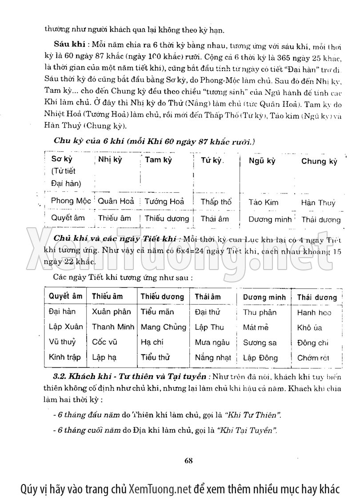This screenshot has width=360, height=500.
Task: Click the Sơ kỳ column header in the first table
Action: (x=62, y=159)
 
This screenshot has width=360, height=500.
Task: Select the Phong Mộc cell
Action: (x=71, y=201)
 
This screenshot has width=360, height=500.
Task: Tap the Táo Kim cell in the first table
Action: (x=263, y=202)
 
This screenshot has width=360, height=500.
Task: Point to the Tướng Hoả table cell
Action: (x=164, y=202)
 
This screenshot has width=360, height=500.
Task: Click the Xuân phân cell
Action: (x=111, y=312)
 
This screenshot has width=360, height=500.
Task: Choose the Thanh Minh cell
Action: (x=113, y=327)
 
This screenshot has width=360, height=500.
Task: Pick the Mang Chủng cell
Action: (x=163, y=327)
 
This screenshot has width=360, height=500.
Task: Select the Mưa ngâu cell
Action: (x=212, y=342)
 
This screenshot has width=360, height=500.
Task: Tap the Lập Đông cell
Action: (x=260, y=358)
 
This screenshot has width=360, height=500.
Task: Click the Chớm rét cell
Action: (x=313, y=358)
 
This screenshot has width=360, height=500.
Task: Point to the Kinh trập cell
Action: (x=65, y=357)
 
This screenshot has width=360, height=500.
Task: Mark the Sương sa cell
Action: (x=260, y=343)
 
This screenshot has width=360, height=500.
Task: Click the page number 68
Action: (x=188, y=460)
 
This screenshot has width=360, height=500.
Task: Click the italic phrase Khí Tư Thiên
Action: (x=253, y=415)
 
